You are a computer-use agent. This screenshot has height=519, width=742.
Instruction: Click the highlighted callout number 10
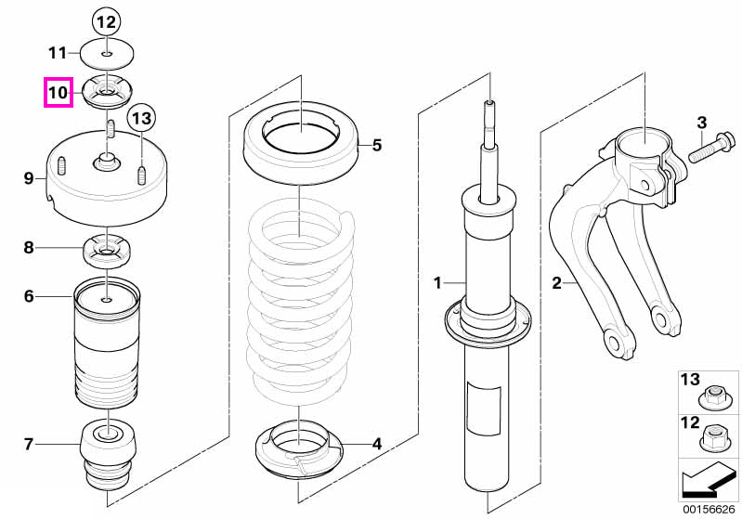(x=59, y=92)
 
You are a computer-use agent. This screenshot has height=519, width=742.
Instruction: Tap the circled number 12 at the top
(x=107, y=21)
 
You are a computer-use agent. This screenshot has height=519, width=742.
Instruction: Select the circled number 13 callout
(x=141, y=117)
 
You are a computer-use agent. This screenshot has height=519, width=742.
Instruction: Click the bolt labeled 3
(x=711, y=148)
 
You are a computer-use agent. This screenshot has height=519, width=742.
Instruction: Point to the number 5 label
(x=377, y=145)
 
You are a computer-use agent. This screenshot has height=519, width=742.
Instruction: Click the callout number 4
(x=376, y=444)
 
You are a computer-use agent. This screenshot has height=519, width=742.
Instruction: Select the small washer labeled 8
(x=107, y=251)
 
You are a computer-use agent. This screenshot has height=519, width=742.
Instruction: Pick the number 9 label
(x=29, y=178)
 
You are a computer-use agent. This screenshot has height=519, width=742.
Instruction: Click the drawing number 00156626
(x=709, y=509)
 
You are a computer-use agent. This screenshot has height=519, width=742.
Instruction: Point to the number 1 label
(x=437, y=283)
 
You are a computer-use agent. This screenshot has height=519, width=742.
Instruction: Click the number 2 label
(x=556, y=283)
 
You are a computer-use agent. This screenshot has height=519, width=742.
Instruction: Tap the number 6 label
(x=29, y=297)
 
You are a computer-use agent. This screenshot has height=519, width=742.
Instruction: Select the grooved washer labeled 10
(x=107, y=93)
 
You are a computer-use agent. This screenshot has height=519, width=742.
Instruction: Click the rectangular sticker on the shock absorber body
(x=484, y=409)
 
